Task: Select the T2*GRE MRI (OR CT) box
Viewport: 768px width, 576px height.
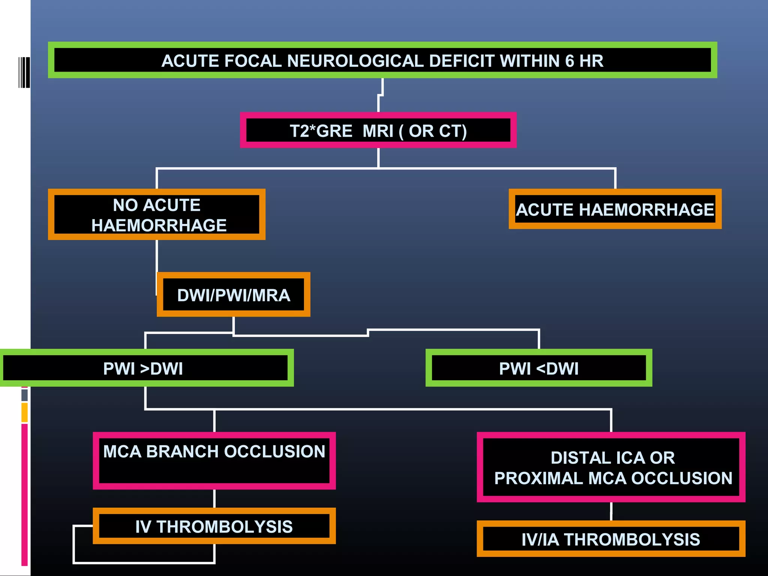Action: (378, 130)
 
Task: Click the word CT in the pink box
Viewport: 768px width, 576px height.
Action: (450, 131)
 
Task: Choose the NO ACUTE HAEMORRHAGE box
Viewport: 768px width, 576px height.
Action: (157, 214)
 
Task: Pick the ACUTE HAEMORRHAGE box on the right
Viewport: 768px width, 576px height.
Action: (615, 209)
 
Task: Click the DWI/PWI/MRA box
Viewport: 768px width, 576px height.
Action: (233, 295)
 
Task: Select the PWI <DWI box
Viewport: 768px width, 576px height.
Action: (538, 368)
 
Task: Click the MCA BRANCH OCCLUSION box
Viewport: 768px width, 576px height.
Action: (214, 461)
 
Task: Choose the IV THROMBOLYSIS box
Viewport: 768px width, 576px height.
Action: (214, 526)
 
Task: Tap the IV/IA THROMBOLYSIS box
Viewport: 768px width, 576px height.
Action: (610, 539)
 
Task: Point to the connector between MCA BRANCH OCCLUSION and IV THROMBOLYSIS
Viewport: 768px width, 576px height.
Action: (214, 498)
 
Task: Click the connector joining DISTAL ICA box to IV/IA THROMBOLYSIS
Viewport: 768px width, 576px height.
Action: (611, 511)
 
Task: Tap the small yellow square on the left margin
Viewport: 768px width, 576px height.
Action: (24, 412)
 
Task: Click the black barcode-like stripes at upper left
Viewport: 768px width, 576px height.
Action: (24, 72)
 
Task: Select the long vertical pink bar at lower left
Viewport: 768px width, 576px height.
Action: (24, 494)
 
